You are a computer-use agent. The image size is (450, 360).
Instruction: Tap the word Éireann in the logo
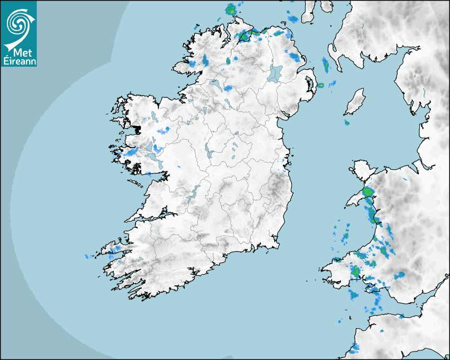(19, 61)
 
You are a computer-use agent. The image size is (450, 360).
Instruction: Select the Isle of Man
(355, 102)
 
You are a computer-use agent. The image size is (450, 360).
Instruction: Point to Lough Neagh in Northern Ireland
(275, 73)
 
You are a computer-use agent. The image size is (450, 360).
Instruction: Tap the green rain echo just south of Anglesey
(367, 192)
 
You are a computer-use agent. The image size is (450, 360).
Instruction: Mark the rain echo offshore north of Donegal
(230, 9)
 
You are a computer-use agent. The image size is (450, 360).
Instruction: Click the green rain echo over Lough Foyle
(245, 35)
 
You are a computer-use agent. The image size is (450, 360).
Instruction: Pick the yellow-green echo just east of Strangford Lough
(320, 85)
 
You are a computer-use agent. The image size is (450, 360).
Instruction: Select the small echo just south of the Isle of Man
(347, 123)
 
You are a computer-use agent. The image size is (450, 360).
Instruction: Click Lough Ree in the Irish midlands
(207, 152)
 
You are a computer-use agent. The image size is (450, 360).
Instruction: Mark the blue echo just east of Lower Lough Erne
(228, 88)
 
